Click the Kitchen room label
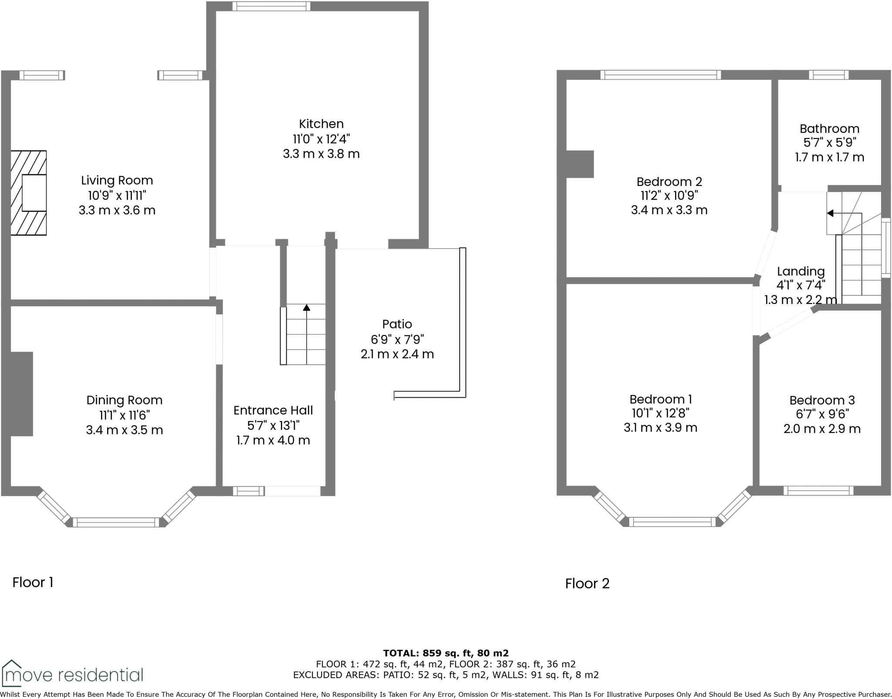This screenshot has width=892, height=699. click(321, 124)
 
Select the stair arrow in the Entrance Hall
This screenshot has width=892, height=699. click(307, 308)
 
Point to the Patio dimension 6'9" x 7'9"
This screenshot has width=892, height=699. click(397, 339)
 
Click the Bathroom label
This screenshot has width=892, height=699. click(829, 128)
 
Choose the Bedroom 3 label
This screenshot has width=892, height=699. click(822, 400)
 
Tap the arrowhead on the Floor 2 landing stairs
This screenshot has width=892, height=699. click(830, 213)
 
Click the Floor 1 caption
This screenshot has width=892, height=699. click(33, 582)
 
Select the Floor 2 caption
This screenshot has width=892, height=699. click(587, 583)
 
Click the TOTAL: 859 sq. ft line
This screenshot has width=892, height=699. click(446, 653)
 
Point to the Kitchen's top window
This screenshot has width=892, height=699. click(271, 6)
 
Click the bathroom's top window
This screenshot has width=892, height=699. click(828, 75)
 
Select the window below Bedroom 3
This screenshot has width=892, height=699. click(818, 491)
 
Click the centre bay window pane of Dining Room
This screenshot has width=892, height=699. click(116, 522)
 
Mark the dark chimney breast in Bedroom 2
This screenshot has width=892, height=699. click(580, 164)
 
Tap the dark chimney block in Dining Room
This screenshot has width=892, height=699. click(22, 394)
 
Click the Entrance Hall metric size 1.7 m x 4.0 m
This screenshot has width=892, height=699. click(273, 440)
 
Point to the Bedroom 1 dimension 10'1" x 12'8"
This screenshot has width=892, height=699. click(660, 413)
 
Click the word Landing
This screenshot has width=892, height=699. click(801, 271)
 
